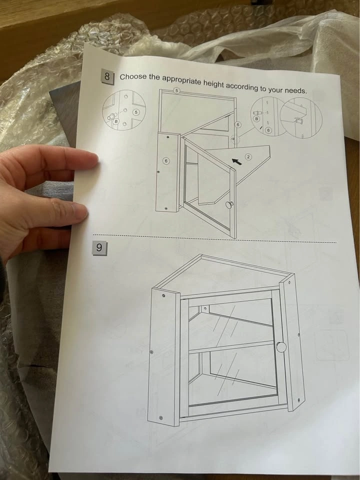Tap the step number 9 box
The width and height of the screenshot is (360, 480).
pos(99,248)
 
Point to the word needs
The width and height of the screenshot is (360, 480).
pos(295,90)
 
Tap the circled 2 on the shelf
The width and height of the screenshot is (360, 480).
pos(248,157)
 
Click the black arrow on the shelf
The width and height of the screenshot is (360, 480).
pos(236,161)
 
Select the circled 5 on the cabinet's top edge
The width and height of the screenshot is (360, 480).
pos(176,90)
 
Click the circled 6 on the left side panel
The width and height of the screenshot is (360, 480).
pos(166,161)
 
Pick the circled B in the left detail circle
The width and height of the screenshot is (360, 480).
pos(116,121)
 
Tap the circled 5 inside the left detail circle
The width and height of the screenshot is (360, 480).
pos(136,112)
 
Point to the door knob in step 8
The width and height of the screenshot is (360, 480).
pos(229,205)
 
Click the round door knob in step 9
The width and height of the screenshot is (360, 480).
pos(281,347)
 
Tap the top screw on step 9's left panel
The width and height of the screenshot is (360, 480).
pos(163,295)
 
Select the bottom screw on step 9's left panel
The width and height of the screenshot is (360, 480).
pos(161,417)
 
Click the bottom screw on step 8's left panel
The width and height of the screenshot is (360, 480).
pos(166,208)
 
